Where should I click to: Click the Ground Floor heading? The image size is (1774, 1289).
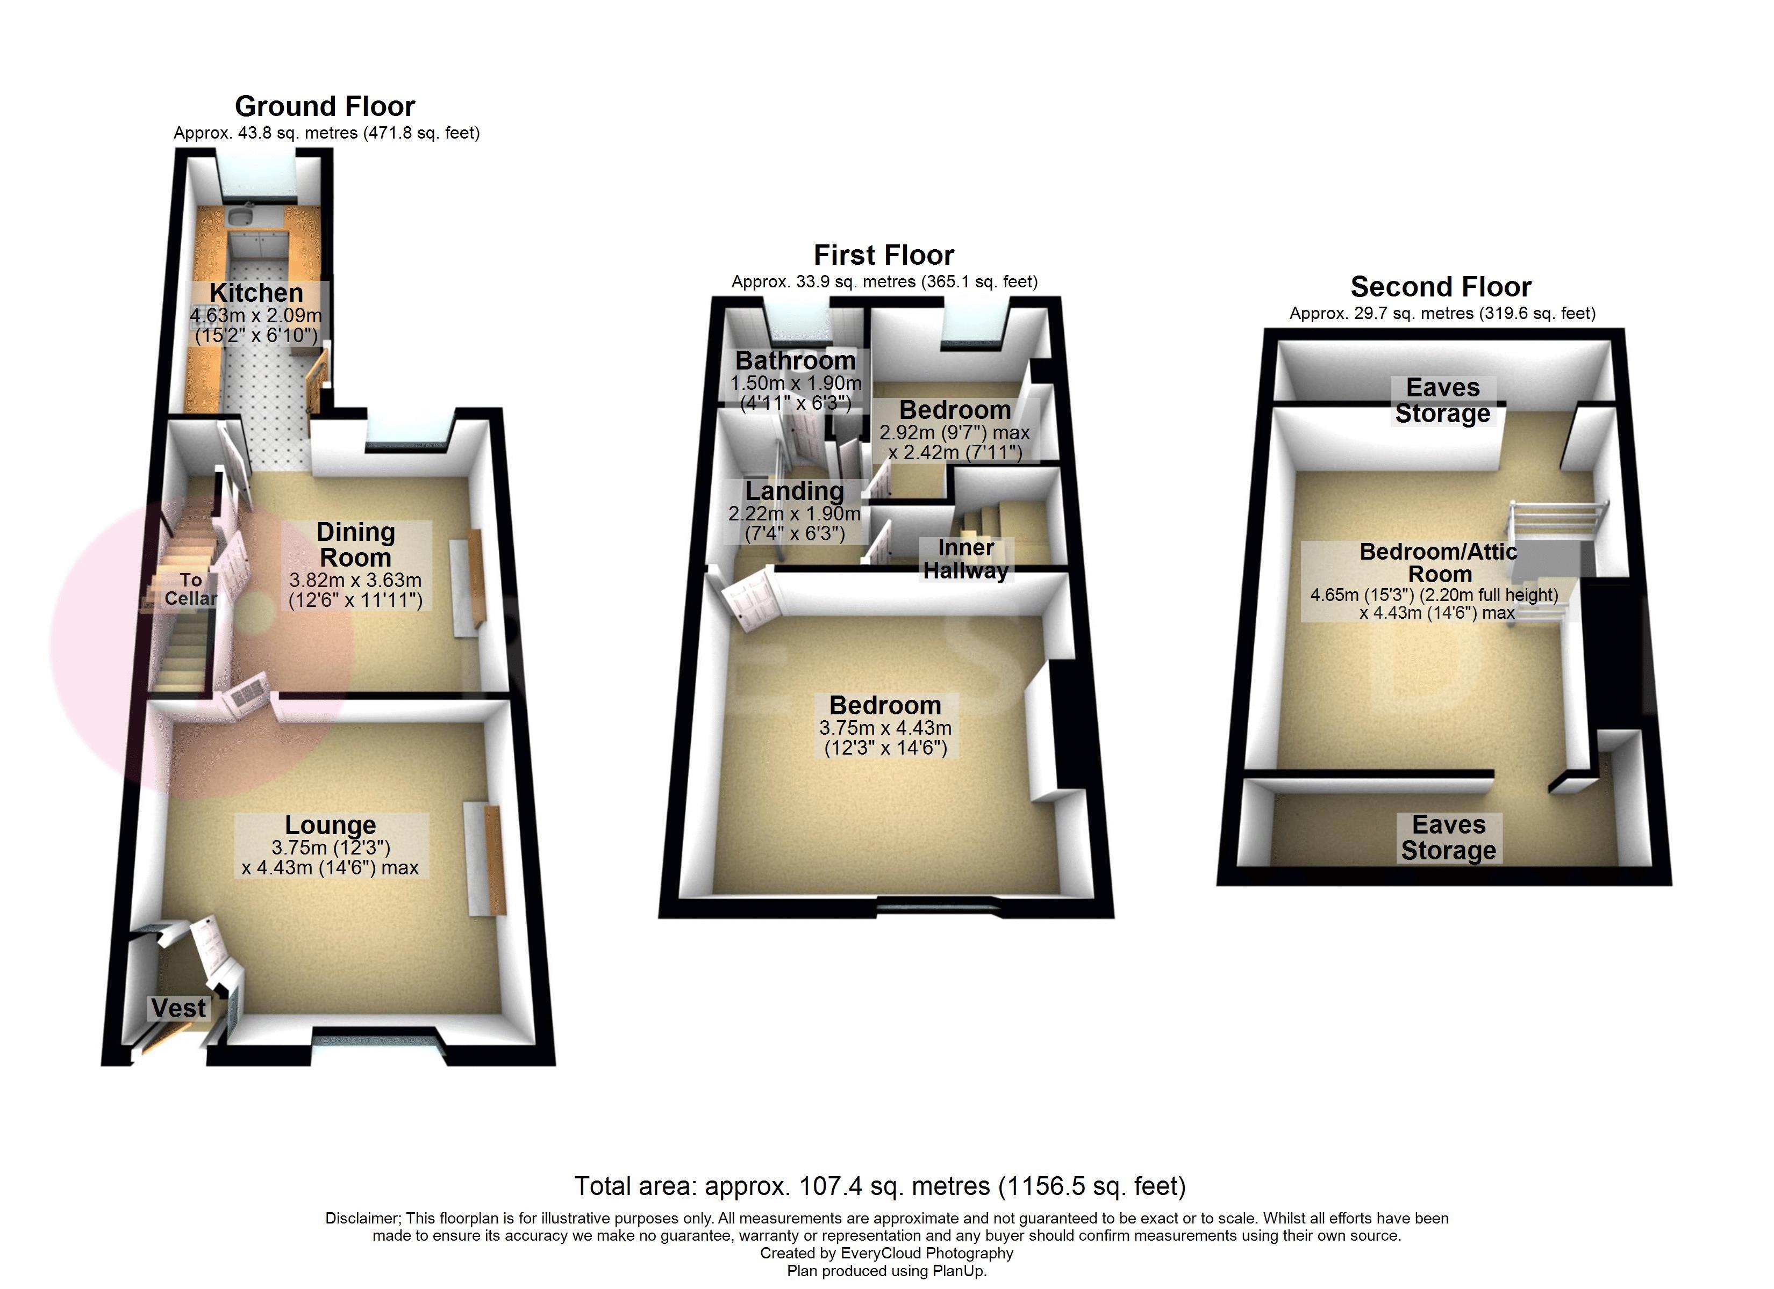point(325,106)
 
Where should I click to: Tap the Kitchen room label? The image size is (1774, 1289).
point(256,293)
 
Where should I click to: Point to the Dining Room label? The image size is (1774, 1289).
point(355,545)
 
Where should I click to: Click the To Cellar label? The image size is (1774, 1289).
point(190,589)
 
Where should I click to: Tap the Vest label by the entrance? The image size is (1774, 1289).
point(178,1009)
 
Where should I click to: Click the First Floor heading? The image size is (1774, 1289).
point(884,256)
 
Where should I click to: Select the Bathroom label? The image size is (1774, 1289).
point(796,360)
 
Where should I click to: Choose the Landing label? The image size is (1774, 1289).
point(794,491)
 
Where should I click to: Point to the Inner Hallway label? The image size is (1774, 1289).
point(965,559)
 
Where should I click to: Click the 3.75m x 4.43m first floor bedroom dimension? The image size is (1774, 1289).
point(885,728)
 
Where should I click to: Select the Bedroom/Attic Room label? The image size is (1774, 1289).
point(1439,563)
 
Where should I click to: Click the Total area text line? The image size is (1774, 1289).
point(880,1186)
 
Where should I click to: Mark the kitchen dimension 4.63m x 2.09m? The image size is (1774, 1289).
point(256,316)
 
